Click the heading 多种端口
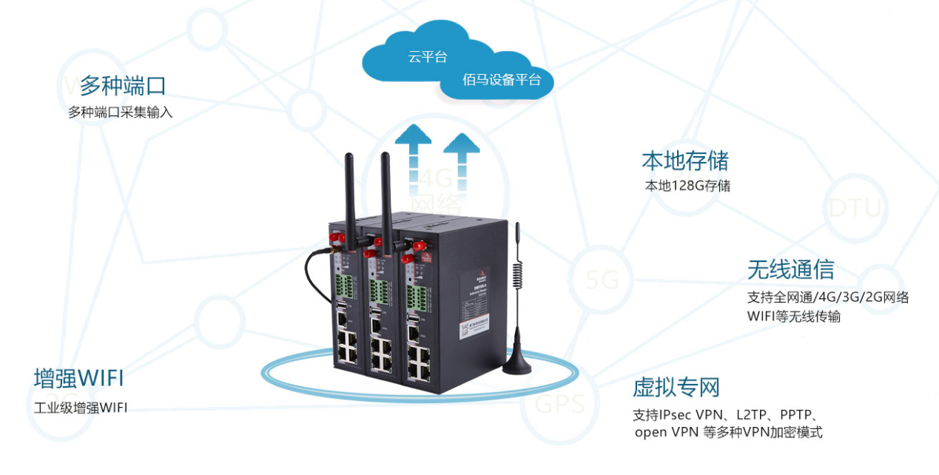[123, 86]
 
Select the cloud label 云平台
[427, 57]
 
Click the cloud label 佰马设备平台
[502, 80]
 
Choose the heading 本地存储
[684, 161]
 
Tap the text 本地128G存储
[687, 186]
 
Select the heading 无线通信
[790, 270]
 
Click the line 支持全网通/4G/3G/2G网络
[828, 298]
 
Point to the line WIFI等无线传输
[793, 317]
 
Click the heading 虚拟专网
[676, 387]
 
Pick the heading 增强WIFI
[78, 379]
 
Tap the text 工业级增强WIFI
[81, 408]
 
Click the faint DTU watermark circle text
[855, 208]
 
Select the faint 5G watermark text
[602, 280]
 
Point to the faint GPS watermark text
[560, 404]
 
